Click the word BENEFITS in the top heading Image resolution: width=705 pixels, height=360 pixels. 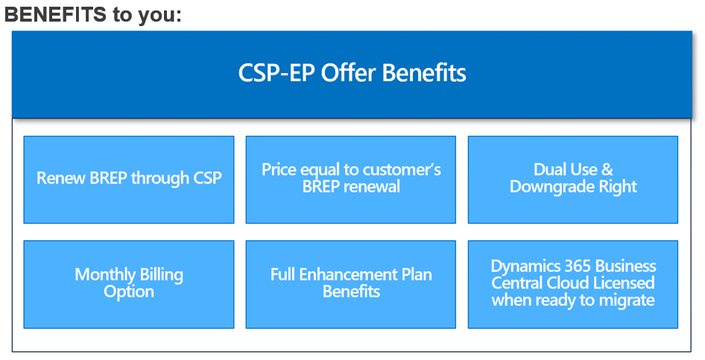[56, 15]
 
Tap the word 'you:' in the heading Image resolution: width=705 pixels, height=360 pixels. [159, 16]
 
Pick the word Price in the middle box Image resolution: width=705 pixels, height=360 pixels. [279, 170]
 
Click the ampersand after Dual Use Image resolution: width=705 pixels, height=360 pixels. [607, 170]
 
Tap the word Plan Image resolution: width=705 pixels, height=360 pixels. [417, 274]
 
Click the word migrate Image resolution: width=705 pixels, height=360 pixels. [629, 300]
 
